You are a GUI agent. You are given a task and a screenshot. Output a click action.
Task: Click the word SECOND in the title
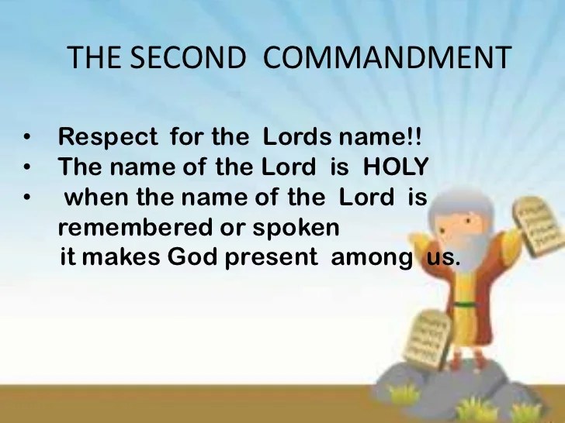click(x=187, y=57)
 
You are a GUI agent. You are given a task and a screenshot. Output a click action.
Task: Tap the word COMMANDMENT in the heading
click(x=387, y=57)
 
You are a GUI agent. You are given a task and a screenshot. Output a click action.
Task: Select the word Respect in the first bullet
click(x=108, y=137)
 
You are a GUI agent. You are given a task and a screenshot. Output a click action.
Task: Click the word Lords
click(x=297, y=136)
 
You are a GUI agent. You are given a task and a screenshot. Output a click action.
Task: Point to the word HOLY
click(x=396, y=167)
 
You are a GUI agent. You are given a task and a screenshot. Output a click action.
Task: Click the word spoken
click(x=296, y=229)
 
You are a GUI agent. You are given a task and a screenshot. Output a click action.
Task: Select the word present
click(x=272, y=258)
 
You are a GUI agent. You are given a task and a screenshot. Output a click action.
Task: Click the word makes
click(x=121, y=257)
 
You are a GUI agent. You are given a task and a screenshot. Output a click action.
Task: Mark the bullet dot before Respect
click(x=26, y=137)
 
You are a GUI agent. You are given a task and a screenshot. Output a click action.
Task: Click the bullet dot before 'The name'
click(x=26, y=167)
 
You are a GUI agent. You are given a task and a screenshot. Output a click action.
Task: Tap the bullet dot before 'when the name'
click(x=26, y=197)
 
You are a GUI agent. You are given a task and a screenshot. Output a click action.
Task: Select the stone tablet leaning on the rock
click(x=428, y=339)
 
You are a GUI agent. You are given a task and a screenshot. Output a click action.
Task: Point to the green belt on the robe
click(x=464, y=305)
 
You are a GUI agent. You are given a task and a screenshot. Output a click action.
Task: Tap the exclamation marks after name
click(x=414, y=136)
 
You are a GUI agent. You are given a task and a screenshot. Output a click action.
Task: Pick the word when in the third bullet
click(x=96, y=197)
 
